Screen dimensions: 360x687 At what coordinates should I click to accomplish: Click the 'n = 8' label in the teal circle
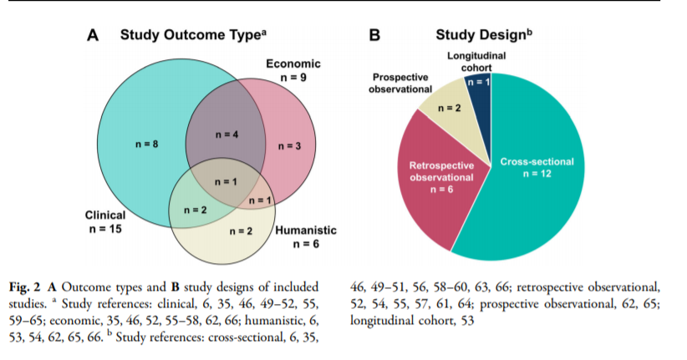146,145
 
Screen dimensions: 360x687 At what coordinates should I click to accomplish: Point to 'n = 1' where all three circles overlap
222,181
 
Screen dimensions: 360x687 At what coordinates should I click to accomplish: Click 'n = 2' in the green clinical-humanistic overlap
195,210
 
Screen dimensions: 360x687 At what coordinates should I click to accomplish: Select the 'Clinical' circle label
105,215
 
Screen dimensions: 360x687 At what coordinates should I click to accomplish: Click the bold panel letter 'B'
374,35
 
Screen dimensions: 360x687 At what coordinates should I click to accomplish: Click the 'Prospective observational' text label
400,83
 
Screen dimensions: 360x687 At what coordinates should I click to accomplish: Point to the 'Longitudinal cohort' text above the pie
476,62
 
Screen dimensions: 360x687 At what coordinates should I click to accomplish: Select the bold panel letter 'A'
94,35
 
